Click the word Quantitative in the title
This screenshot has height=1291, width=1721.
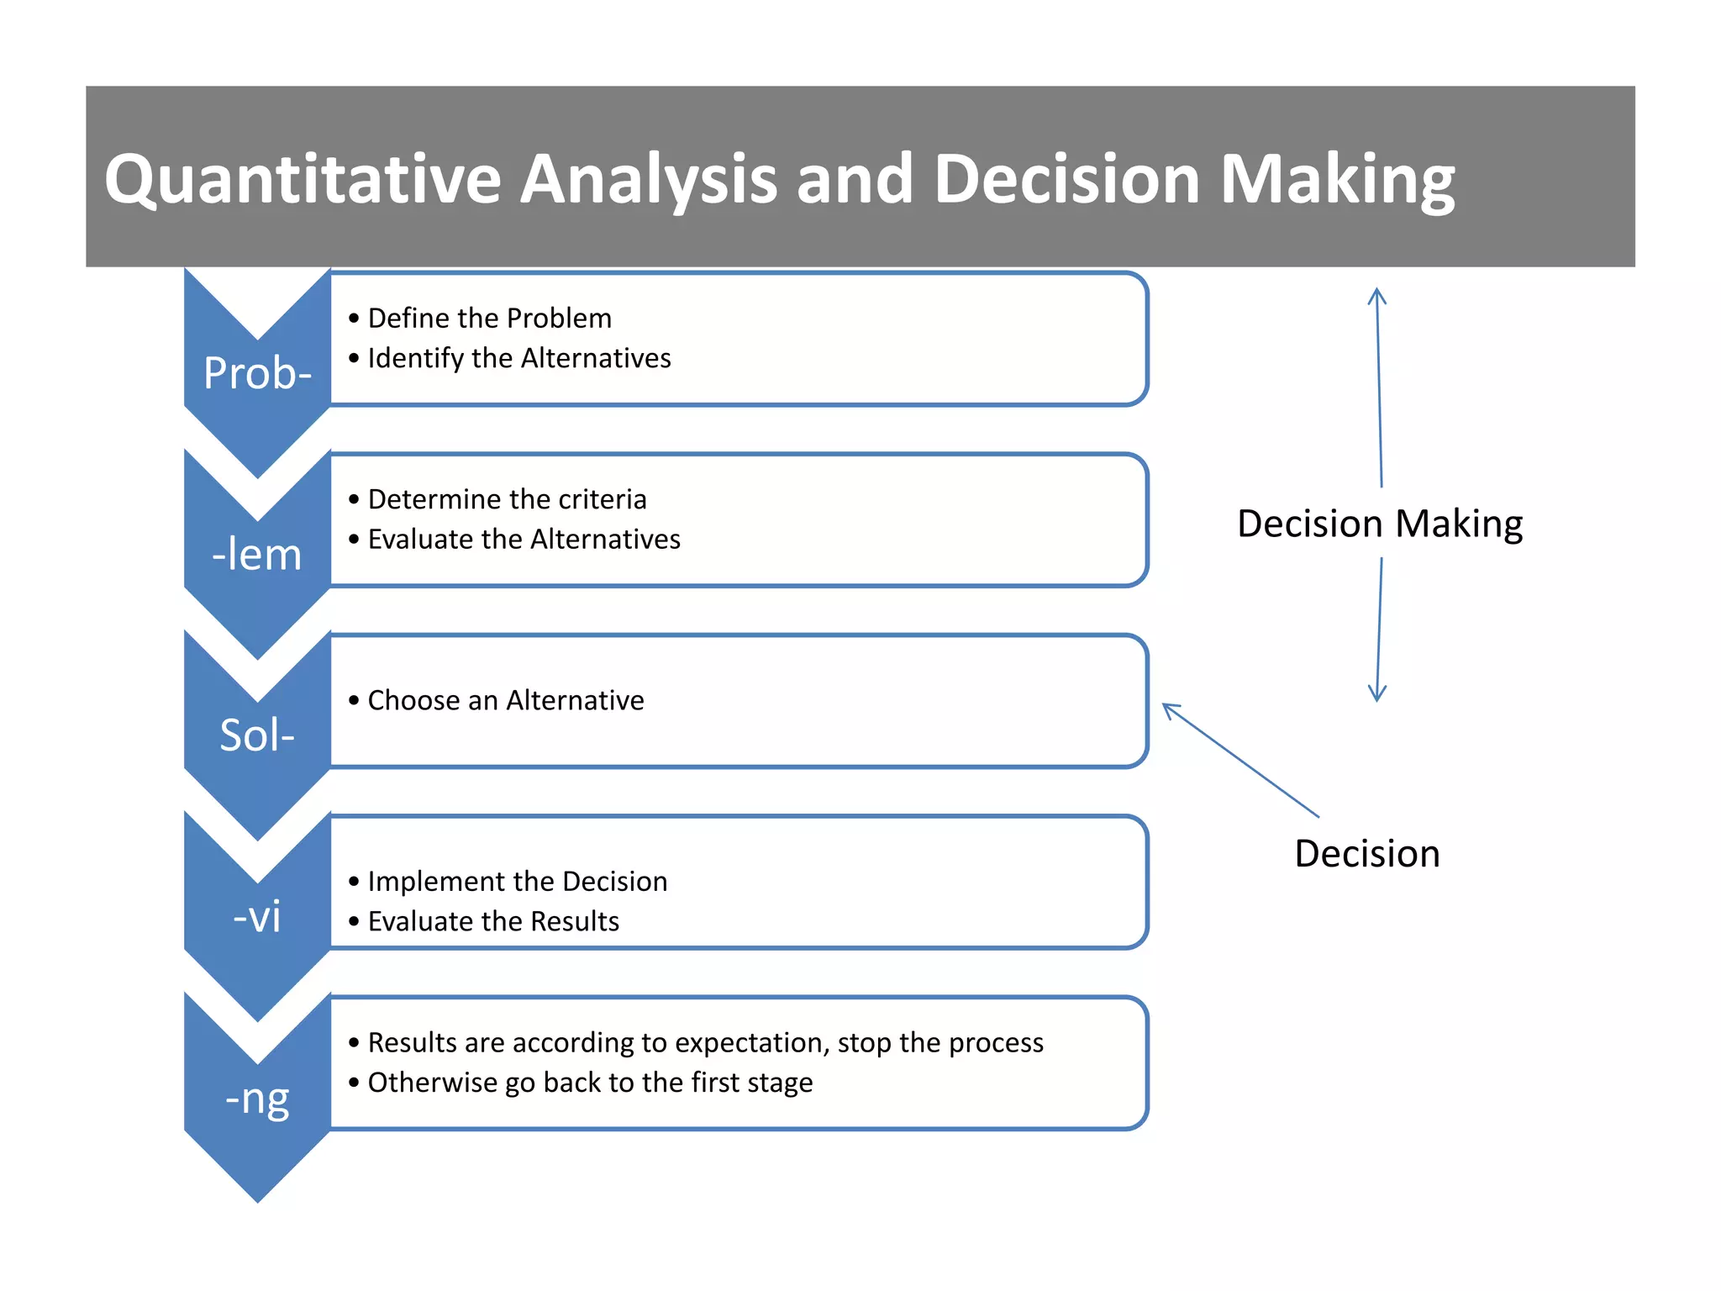click(x=303, y=180)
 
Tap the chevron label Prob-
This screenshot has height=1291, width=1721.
click(x=257, y=373)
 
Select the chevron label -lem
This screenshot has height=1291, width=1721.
click(x=257, y=555)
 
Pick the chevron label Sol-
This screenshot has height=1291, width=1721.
click(x=257, y=735)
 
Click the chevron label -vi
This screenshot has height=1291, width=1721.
click(x=257, y=916)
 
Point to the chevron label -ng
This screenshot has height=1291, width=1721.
click(x=257, y=1098)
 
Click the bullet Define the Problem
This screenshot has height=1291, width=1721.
click(x=489, y=319)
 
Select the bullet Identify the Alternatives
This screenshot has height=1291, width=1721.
click(x=518, y=359)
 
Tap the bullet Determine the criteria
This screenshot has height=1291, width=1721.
click(x=507, y=499)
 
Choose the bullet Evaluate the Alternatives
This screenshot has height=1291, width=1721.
click(x=524, y=540)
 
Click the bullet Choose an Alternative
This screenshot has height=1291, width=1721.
click(x=505, y=700)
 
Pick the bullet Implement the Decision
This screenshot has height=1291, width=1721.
click(x=517, y=882)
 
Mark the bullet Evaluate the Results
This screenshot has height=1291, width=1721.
click(x=493, y=922)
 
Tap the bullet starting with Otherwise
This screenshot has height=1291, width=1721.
click(x=590, y=1083)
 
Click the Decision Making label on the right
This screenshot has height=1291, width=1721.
click(x=1380, y=524)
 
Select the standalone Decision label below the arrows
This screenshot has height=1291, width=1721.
click(x=1367, y=854)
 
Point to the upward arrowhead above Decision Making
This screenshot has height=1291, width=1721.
click(x=1376, y=296)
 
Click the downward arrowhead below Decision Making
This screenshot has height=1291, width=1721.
click(x=1376, y=693)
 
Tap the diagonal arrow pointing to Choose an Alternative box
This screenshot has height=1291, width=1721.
click(x=1240, y=760)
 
